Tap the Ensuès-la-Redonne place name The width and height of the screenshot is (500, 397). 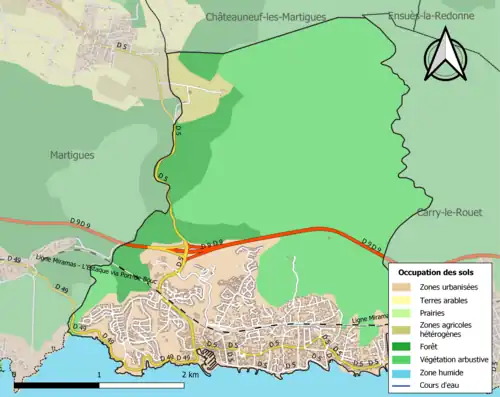pyautogui.click(x=430, y=17)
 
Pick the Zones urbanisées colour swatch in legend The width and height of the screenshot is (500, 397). pyautogui.click(x=404, y=287)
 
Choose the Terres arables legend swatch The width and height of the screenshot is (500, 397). pyautogui.click(x=404, y=299)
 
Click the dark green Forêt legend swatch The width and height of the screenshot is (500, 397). pyautogui.click(x=404, y=342)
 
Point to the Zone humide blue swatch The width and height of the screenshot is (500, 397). pyautogui.click(x=404, y=366)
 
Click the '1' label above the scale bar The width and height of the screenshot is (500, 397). pyautogui.click(x=99, y=373)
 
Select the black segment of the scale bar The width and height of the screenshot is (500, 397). pyautogui.click(x=57, y=382)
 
